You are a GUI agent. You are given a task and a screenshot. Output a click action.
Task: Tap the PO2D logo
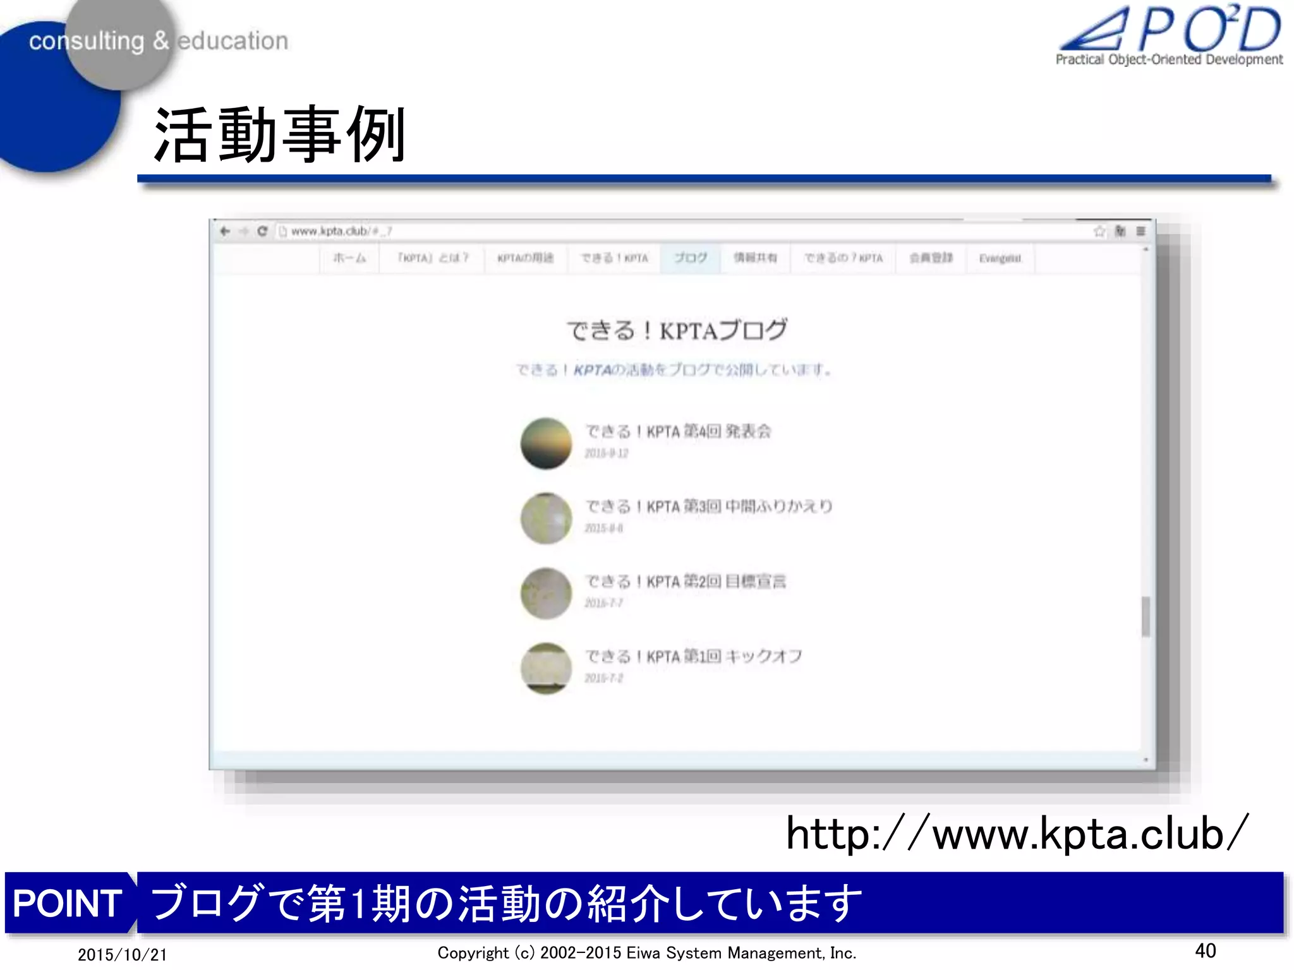pyautogui.click(x=1170, y=35)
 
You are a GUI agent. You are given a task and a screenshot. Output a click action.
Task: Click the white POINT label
pyautogui.click(x=68, y=902)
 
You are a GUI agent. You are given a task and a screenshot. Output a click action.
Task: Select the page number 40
pyautogui.click(x=1205, y=950)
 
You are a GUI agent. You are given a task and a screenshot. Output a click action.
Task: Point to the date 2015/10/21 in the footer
pyautogui.click(x=122, y=954)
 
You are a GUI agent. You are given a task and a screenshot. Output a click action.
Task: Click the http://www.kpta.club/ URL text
pyautogui.click(x=1017, y=834)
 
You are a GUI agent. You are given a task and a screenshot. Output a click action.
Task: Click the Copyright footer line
pyautogui.click(x=646, y=953)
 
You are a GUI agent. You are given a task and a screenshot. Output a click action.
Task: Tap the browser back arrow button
pyautogui.click(x=225, y=231)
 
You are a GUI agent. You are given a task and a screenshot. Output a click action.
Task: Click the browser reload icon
pyautogui.click(x=262, y=231)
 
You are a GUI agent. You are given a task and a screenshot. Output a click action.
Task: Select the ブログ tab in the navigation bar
pyautogui.click(x=690, y=258)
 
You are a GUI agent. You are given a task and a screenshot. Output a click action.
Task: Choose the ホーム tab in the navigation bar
pyautogui.click(x=349, y=258)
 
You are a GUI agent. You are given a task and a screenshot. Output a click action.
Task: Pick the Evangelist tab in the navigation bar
pyautogui.click(x=1000, y=258)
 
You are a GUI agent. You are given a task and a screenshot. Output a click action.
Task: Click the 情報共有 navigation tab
pyautogui.click(x=755, y=258)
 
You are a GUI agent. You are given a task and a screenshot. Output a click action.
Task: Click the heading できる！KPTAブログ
pyautogui.click(x=677, y=330)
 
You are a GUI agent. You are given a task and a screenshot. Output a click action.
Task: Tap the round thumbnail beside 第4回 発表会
pyautogui.click(x=546, y=443)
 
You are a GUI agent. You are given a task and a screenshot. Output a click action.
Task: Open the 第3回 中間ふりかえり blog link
pyautogui.click(x=708, y=506)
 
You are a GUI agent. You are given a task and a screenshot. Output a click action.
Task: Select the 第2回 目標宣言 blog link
pyautogui.click(x=685, y=582)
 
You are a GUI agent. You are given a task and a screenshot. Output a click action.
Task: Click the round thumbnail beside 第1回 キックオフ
pyautogui.click(x=546, y=668)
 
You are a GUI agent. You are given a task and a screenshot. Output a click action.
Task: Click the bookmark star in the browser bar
pyautogui.click(x=1099, y=231)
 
